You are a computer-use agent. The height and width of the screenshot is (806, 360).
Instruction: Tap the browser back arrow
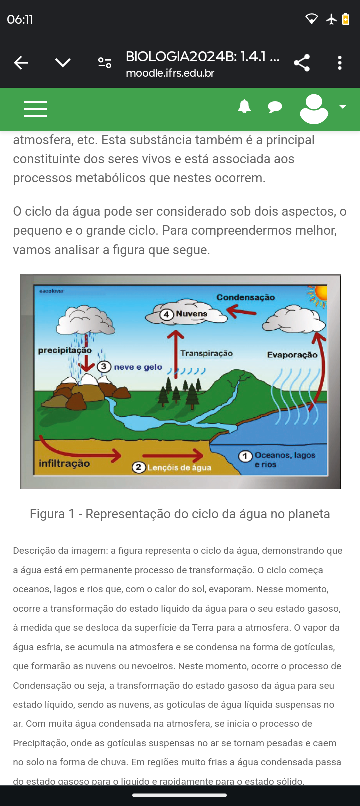[21, 63]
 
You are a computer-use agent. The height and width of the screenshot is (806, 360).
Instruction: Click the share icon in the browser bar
[302, 63]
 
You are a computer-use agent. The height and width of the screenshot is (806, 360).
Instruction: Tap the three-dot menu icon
[340, 63]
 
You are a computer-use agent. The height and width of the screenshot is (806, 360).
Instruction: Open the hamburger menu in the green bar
[36, 109]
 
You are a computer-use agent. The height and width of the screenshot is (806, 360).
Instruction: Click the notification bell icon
[244, 107]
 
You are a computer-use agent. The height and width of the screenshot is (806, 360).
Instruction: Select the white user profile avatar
[314, 108]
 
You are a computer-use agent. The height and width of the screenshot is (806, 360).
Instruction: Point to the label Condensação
[246, 297]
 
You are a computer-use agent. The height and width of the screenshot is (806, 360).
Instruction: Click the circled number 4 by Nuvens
[167, 314]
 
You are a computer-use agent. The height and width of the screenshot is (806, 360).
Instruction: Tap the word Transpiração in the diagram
[206, 353]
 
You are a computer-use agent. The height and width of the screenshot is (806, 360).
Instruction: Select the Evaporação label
[292, 355]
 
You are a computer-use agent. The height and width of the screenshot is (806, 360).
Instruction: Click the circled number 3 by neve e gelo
[104, 367]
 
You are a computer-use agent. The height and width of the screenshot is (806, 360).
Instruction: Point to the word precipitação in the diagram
[65, 350]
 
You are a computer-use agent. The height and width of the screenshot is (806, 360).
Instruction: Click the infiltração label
[64, 464]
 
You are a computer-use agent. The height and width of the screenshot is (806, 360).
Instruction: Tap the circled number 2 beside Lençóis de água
[138, 468]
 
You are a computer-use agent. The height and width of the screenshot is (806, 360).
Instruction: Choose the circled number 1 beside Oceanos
[245, 456]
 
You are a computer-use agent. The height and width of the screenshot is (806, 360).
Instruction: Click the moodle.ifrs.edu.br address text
[170, 73]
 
